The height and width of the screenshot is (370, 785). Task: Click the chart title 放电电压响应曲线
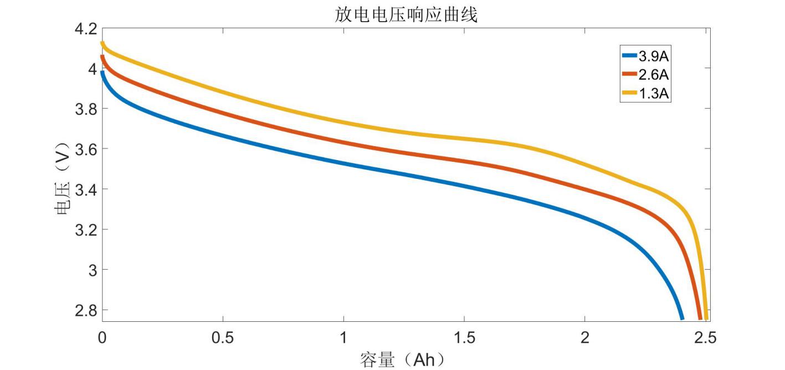406,15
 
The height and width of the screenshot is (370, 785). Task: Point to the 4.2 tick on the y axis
85,29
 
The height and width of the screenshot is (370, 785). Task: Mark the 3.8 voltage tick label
85,109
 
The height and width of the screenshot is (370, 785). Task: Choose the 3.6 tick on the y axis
85,150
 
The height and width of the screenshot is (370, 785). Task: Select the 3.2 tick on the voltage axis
85,230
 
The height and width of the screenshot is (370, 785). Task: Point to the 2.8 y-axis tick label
85,310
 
